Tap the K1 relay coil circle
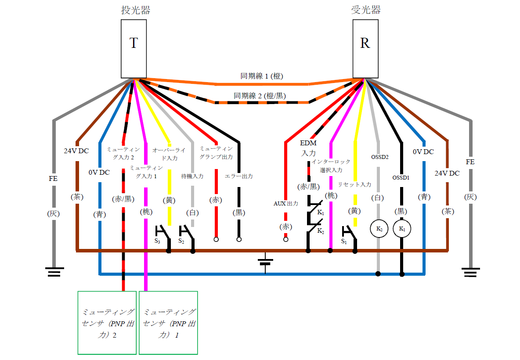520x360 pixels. [401, 229]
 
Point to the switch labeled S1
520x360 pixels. [349, 234]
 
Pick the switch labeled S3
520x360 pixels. [162, 234]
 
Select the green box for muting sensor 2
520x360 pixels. [107, 323]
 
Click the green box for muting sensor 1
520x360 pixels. [168, 323]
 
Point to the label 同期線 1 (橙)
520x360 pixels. [261, 76]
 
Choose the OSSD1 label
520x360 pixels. [401, 178]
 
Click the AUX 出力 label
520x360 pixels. [286, 204]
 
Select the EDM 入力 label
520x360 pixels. [308, 148]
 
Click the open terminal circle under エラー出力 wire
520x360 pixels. [239, 240]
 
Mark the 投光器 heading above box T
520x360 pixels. [136, 10]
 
